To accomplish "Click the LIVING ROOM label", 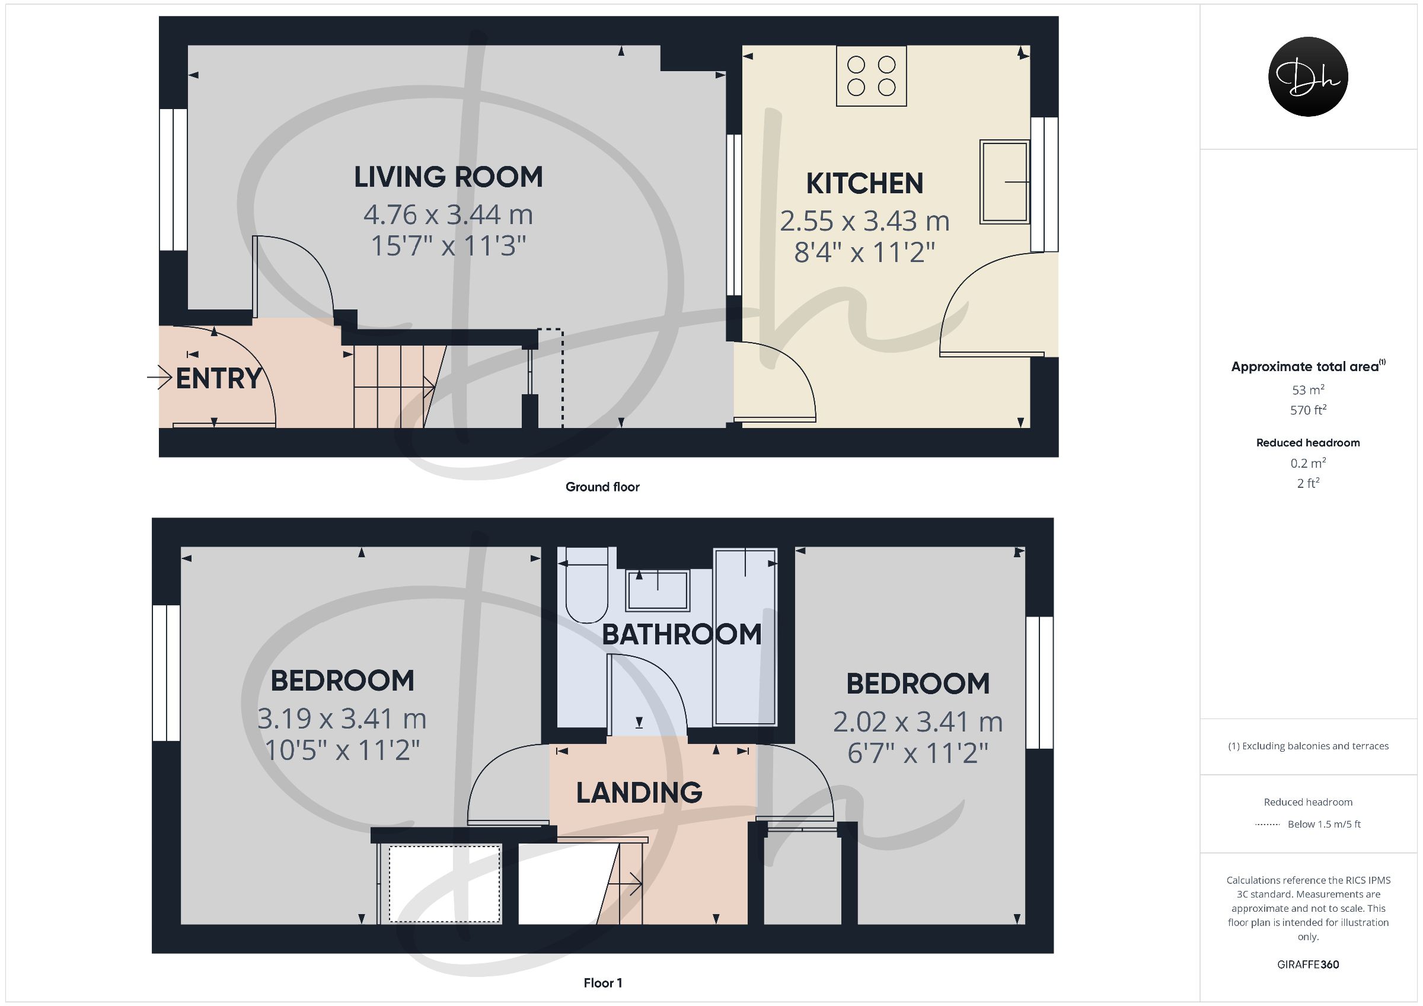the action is coord(448,177).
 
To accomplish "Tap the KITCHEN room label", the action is coord(864,183).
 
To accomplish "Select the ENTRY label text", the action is coord(219,378).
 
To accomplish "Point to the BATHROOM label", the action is coord(682,634).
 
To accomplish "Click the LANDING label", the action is coord(639,793).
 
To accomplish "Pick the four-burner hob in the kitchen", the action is coord(872,76).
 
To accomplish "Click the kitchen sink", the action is coord(1004,181).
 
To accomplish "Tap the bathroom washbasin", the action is coord(658,590).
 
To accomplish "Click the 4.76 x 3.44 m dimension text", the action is coord(448,215).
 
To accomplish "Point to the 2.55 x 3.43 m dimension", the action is coord(864,221).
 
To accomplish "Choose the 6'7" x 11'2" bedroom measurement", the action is coord(918,753).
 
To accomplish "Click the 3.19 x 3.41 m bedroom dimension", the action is coord(342,719).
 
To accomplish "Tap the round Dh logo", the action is coord(1309,76).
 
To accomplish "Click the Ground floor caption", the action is coord(602,487).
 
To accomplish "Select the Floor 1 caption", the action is coord(602,983).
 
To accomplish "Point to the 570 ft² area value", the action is coord(1309,410).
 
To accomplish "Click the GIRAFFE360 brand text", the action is coord(1309,965).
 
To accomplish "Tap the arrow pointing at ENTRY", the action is coord(159,378).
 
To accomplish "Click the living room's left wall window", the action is coord(174,180).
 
